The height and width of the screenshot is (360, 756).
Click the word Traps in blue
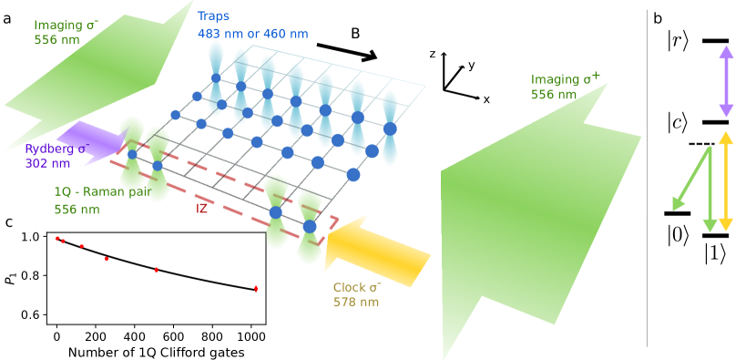(213, 16)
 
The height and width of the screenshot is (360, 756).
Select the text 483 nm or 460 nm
(252, 35)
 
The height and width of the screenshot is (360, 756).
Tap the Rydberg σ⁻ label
(56, 149)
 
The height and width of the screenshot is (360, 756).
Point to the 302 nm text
(46, 164)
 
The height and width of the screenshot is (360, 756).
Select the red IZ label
(201, 209)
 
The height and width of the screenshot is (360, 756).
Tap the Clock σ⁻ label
(357, 287)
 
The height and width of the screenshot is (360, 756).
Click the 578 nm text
(356, 303)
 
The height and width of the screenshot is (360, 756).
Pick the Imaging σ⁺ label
(566, 79)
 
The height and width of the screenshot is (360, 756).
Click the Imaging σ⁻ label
(66, 25)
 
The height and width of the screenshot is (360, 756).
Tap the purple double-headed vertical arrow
(726, 82)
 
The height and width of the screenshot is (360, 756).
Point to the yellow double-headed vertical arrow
(726, 181)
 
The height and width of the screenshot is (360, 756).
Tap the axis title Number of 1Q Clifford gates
(156, 353)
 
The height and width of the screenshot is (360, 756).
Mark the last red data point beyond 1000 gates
(255, 289)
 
